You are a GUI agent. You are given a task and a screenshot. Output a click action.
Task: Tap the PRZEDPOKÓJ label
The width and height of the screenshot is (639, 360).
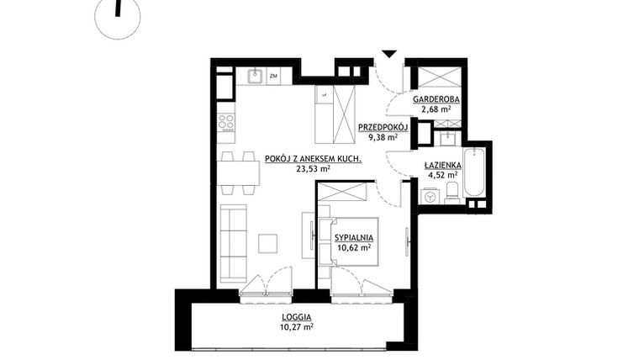(x=383, y=128)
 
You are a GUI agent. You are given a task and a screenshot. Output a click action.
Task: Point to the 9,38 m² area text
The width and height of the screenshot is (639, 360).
(x=383, y=139)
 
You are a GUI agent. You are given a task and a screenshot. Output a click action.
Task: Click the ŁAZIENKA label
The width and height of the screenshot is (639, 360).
(x=441, y=165)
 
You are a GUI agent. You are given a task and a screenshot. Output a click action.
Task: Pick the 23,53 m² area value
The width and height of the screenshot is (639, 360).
(x=313, y=168)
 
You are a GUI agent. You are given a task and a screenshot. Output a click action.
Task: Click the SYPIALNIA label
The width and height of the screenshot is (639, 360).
(x=353, y=238)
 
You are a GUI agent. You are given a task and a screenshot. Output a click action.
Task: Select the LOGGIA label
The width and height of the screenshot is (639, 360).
(x=296, y=317)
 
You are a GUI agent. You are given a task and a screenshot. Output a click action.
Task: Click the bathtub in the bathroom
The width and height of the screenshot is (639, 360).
(x=474, y=172)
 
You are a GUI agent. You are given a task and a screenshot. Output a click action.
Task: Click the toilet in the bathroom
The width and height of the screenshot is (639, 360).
(x=452, y=193)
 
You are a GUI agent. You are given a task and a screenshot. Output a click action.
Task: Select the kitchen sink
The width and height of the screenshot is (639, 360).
(x=256, y=77)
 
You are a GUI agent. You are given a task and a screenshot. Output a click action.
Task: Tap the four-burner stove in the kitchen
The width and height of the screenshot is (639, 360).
(x=226, y=122)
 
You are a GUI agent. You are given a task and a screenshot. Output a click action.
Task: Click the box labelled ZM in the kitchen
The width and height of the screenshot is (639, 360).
(x=274, y=77)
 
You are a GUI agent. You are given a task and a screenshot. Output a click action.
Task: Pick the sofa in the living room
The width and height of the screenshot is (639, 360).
(x=233, y=243)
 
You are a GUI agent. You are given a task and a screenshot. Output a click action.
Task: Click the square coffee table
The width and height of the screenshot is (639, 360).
(x=268, y=243)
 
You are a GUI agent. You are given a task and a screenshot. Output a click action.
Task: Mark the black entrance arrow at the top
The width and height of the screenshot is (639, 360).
(x=388, y=55)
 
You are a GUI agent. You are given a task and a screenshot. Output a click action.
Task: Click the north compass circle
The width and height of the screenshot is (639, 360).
(x=118, y=17)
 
